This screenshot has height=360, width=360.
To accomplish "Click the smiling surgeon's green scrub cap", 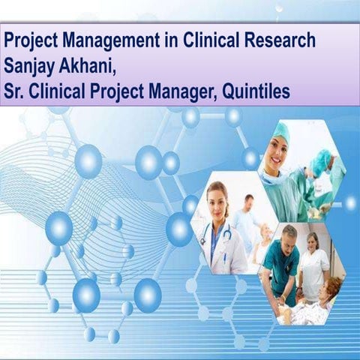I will pyautogui.click(x=279, y=132).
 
